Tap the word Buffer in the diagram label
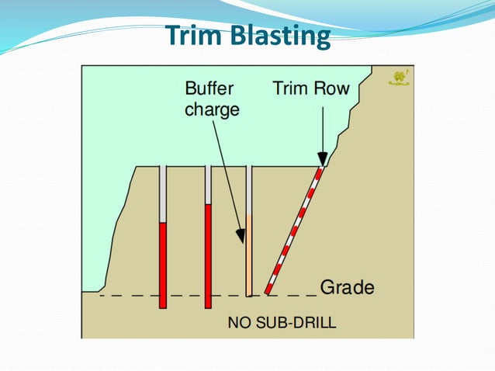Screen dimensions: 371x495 pyautogui.click(x=209, y=88)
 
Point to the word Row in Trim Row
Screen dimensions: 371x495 pyautogui.click(x=331, y=88)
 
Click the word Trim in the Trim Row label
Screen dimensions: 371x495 pyautogui.click(x=292, y=88)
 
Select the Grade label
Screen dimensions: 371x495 pyautogui.click(x=347, y=288)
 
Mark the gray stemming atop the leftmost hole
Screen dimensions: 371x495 pyautogui.click(x=163, y=194)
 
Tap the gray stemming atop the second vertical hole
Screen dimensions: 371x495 pyautogui.click(x=208, y=185)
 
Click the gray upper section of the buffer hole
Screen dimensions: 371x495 pyautogui.click(x=249, y=189)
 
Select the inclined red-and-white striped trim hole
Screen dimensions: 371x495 pyautogui.click(x=293, y=231)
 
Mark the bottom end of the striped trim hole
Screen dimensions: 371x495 pyautogui.click(x=268, y=291)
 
